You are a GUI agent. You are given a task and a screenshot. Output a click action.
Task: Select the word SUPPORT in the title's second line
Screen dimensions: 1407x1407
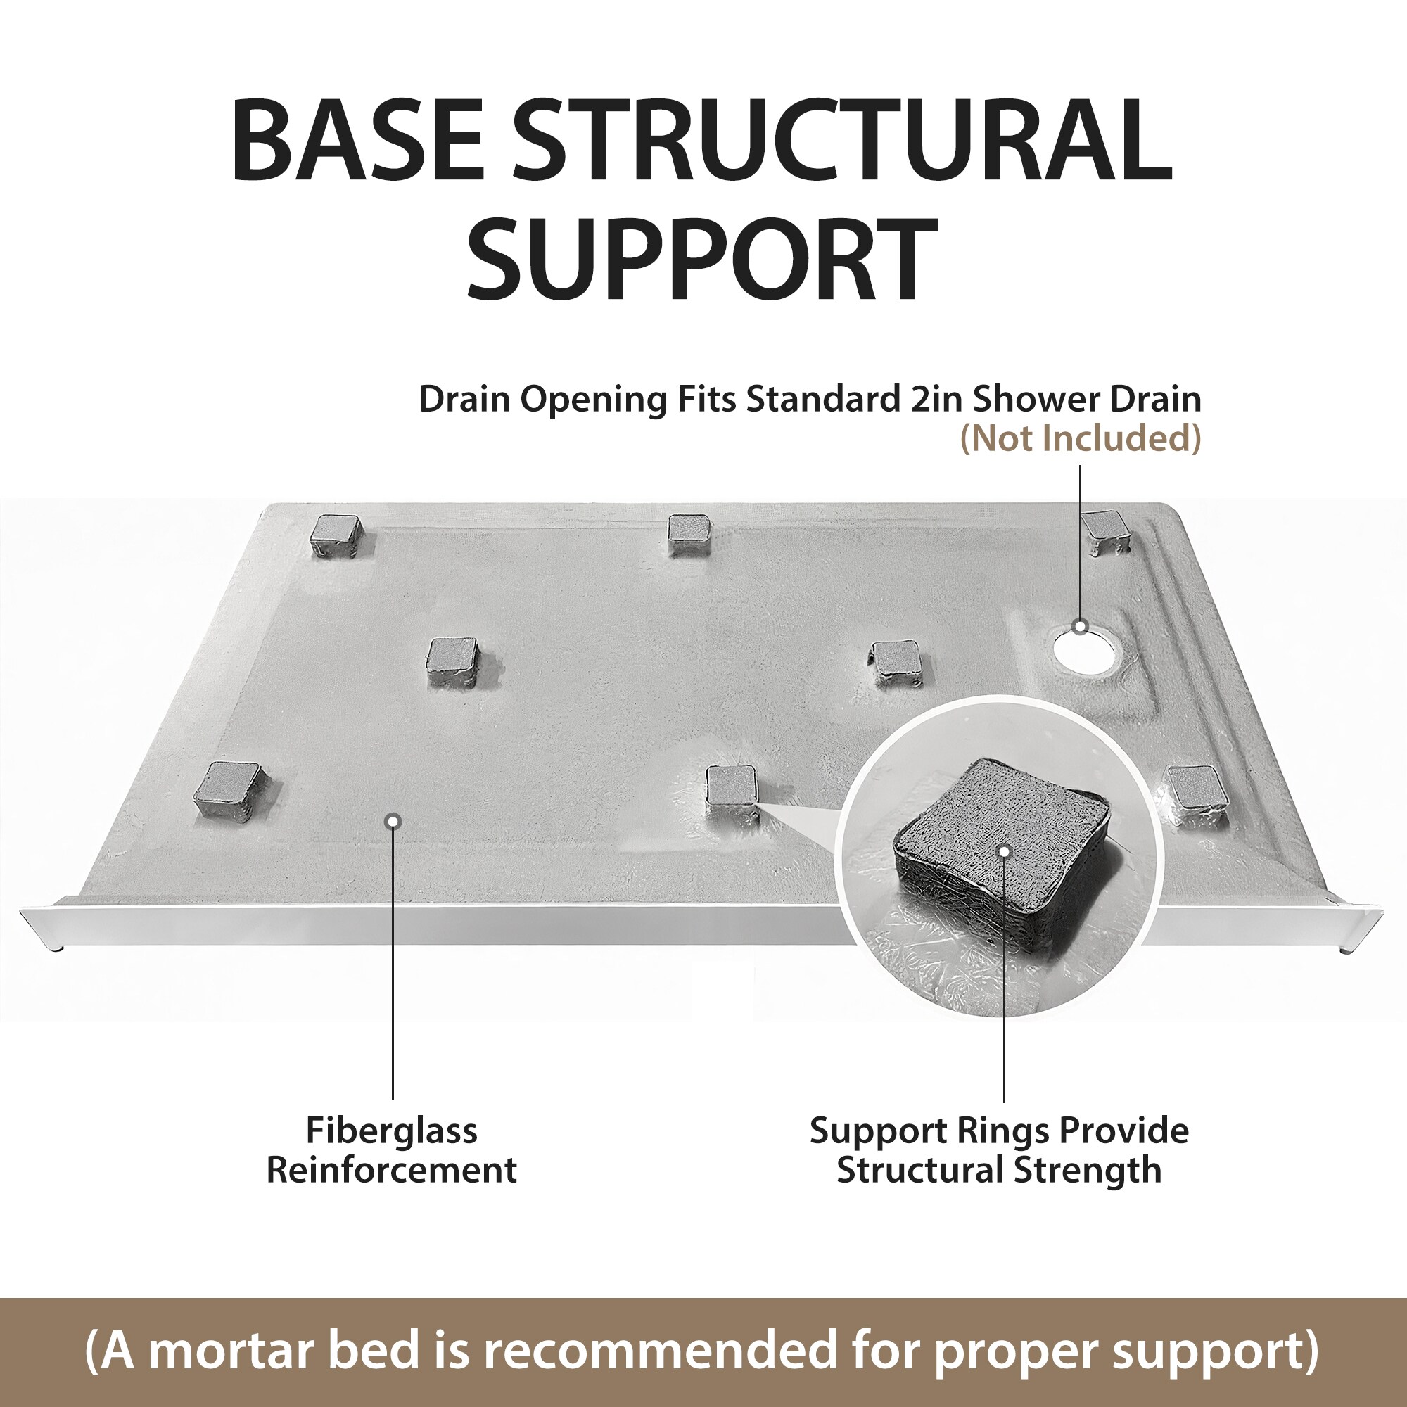[702, 260]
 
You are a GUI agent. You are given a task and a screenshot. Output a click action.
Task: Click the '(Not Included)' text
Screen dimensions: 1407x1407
[1081, 438]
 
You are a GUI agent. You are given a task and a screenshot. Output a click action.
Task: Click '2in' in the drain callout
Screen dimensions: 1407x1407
[938, 399]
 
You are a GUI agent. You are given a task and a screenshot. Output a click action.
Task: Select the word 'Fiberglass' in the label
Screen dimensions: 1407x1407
[392, 1131]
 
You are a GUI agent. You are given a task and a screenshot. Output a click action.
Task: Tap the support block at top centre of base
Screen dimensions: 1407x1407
[689, 534]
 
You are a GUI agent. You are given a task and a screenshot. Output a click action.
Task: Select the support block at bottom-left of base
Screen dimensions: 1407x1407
[229, 790]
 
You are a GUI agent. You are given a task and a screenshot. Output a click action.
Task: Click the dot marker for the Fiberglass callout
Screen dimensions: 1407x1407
[393, 822]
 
